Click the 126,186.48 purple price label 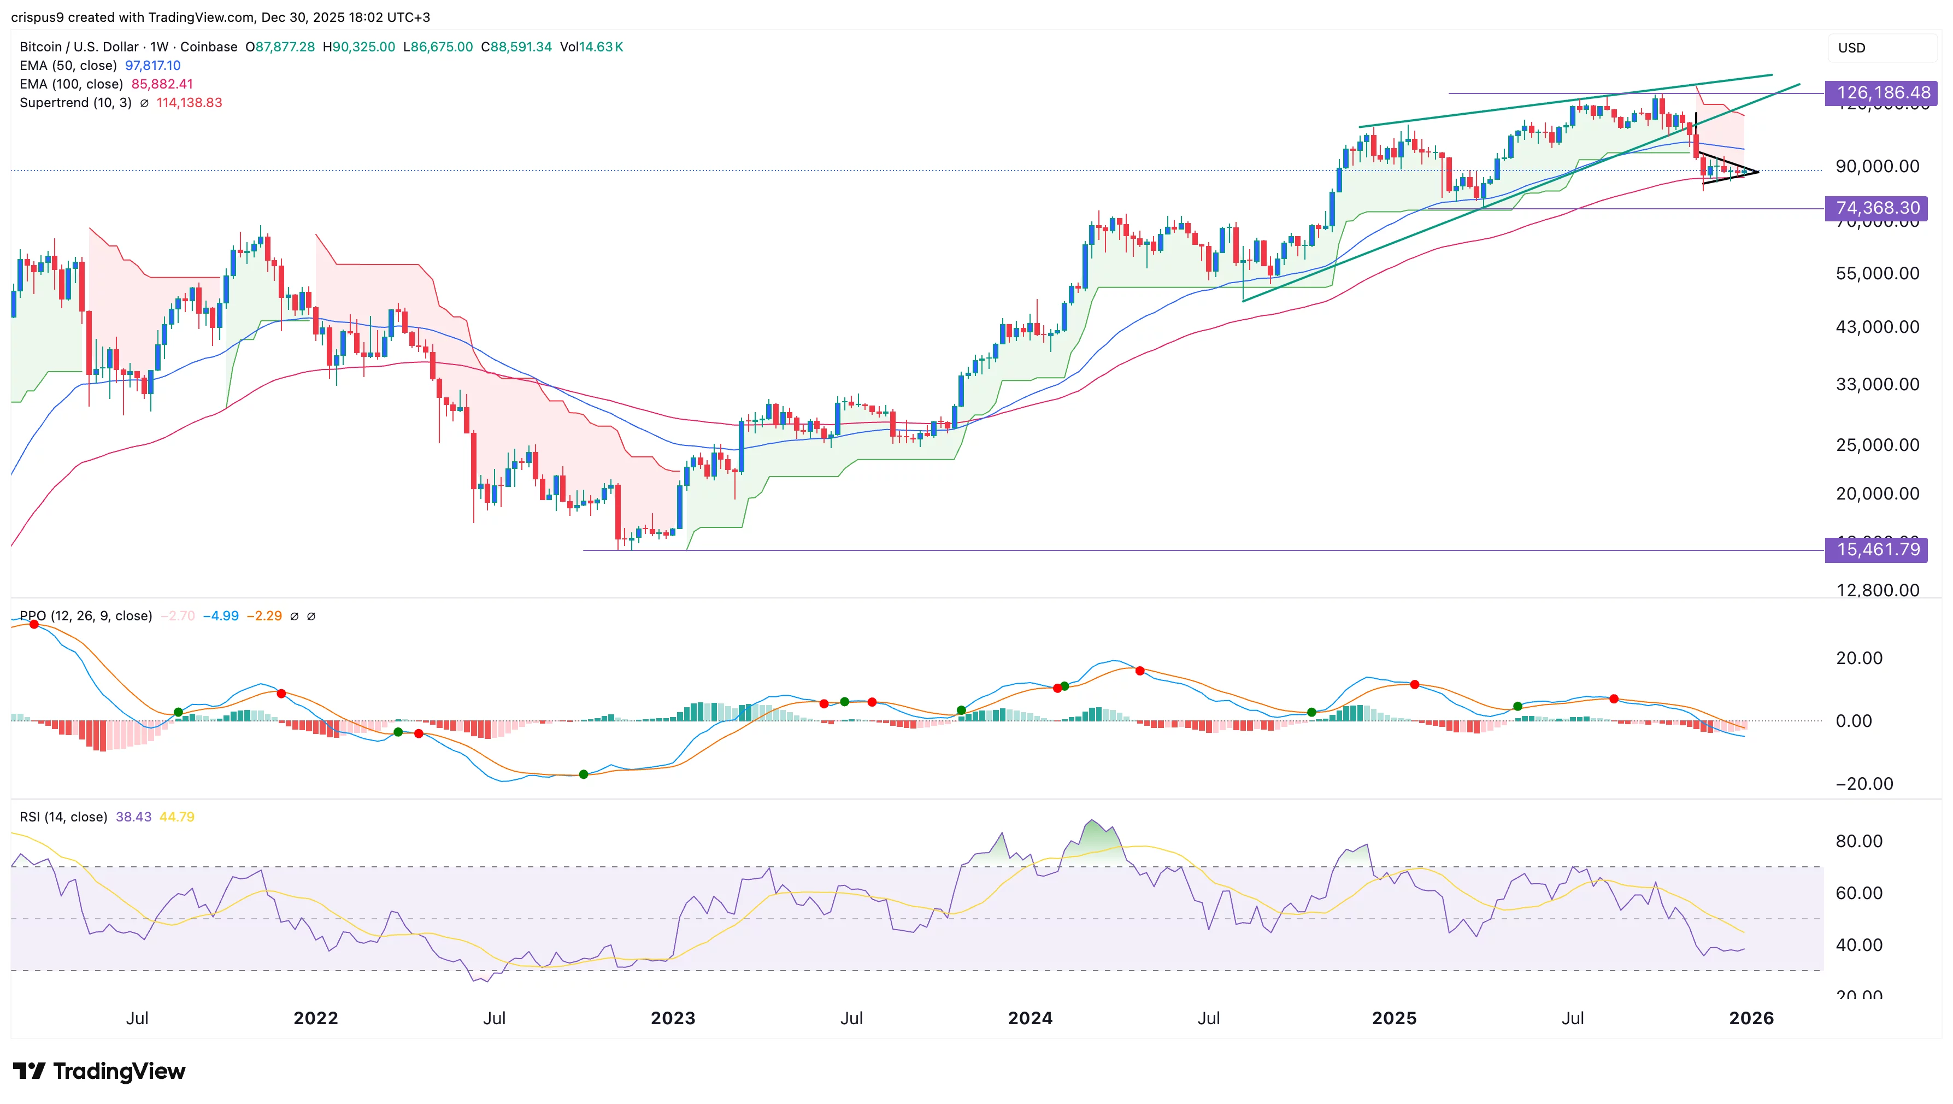(1883, 92)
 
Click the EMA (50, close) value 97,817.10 (152, 65)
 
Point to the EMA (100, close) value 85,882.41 (162, 84)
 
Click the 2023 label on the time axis (673, 1018)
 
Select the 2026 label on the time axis (1751, 1018)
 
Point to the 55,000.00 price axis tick (1877, 274)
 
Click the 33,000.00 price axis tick (1877, 384)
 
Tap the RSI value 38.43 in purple (133, 817)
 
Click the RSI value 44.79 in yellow (177, 817)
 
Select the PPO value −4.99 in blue (221, 616)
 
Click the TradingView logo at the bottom (99, 1071)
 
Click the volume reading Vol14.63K (591, 47)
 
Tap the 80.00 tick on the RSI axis (1858, 841)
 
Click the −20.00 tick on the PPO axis (1863, 784)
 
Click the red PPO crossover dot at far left (33, 624)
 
